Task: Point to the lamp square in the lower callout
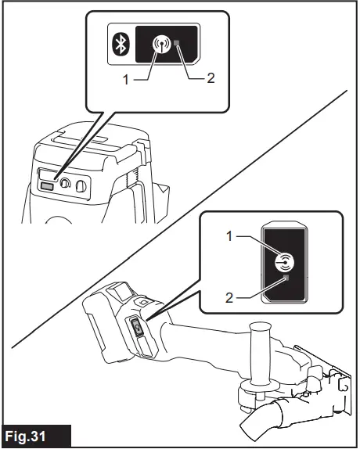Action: tap(286, 278)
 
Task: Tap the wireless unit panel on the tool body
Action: tap(137, 328)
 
